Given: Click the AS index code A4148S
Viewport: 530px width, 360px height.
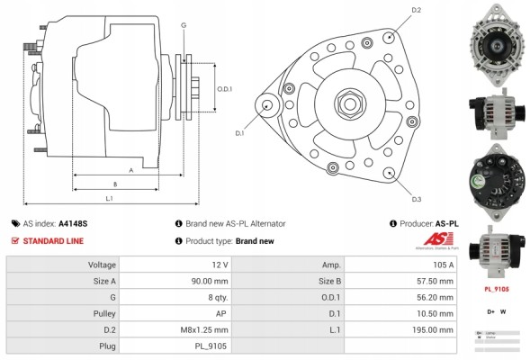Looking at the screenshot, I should (x=74, y=223).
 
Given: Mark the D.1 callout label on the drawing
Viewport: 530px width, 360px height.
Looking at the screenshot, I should (x=240, y=133).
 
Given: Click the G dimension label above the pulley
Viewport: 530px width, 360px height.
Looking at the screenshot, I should (x=183, y=25).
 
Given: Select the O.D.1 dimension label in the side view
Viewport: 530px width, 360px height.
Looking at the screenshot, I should (x=226, y=88).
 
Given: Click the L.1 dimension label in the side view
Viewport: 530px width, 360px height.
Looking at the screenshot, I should (x=109, y=197).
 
